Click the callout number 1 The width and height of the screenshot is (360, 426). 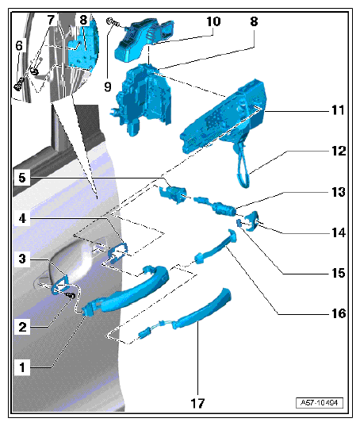tap(22, 367)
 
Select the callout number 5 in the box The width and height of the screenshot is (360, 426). tap(22, 178)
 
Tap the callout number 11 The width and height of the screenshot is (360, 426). tap(338, 110)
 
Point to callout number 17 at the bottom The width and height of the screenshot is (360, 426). tap(197, 404)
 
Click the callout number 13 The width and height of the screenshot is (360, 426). tap(339, 192)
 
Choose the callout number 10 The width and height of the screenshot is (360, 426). tap(213, 21)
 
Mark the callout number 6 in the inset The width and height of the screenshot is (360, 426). tap(19, 46)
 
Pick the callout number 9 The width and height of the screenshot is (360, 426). tap(108, 87)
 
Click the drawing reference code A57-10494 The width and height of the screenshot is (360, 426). tap(320, 403)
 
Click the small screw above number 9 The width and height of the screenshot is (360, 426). tap(113, 22)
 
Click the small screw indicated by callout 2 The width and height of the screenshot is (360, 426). tap(71, 295)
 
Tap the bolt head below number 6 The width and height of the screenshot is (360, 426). tap(18, 84)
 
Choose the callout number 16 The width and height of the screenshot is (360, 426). tap(339, 314)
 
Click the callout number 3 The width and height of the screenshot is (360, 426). tap(22, 259)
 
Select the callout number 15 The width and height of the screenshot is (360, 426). tap(339, 274)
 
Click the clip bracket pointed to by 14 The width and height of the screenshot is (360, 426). tap(252, 221)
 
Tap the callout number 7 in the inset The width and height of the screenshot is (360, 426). tap(51, 20)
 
